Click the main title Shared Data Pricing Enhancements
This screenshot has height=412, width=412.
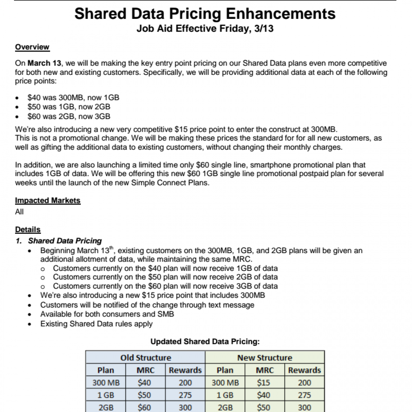205,14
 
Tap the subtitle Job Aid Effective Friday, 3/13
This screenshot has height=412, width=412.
205,28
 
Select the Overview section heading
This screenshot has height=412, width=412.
32,47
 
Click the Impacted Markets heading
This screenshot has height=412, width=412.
48,201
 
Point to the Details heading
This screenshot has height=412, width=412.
28,229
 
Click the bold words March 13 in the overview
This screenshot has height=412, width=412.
44,63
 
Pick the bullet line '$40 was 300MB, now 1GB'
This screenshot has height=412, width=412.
73,98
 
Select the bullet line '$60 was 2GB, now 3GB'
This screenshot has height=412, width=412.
69,116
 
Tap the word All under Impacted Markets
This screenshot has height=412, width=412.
19,212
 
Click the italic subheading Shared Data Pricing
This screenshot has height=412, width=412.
65,241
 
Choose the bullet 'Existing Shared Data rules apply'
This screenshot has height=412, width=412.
96,324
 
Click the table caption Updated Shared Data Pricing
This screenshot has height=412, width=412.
205,342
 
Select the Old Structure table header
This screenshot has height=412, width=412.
146,358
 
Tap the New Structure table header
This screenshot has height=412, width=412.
265,358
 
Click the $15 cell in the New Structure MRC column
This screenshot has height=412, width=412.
264,382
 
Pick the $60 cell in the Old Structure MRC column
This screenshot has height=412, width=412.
144,408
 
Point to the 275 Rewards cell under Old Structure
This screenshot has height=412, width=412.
185,395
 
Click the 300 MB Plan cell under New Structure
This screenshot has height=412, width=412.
225,382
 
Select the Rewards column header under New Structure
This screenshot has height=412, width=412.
304,370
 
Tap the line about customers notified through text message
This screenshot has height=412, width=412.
147,305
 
